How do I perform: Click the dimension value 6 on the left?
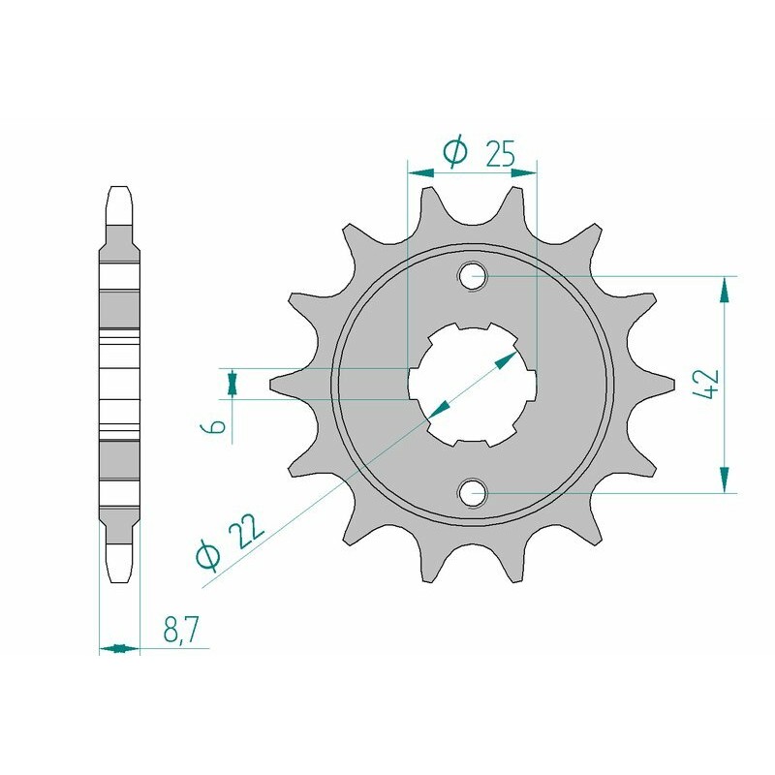tap(219, 425)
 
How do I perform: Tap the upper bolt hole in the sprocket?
tap(473, 275)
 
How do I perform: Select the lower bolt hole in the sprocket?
tap(473, 493)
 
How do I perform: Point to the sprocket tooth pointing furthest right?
tap(665, 384)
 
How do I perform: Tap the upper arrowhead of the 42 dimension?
tap(723, 287)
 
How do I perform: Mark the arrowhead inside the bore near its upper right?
tap(508, 359)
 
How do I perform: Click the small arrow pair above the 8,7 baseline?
tap(119, 648)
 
